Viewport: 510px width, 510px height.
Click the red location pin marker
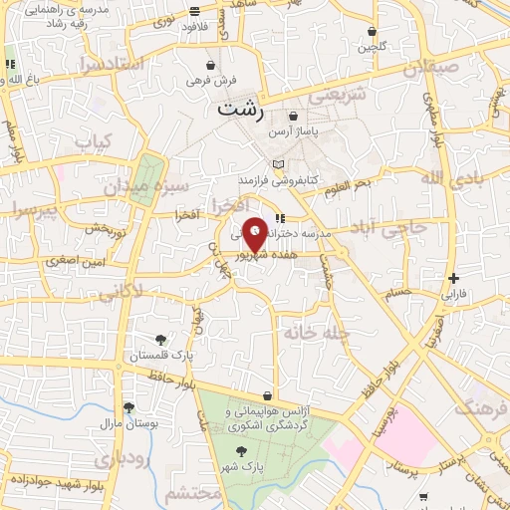pyautogui.click(x=255, y=235)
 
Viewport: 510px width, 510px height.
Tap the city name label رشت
pyautogui.click(x=240, y=110)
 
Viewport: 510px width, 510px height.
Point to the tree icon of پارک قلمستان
pyautogui.click(x=161, y=340)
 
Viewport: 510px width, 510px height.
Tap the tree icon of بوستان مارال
pyautogui.click(x=128, y=406)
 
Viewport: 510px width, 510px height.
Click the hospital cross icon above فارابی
pyautogui.click(x=454, y=278)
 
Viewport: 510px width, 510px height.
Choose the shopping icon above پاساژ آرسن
pyautogui.click(x=293, y=117)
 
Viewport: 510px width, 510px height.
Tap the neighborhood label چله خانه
pyautogui.click(x=314, y=332)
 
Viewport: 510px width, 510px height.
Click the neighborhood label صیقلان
pyautogui.click(x=429, y=70)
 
